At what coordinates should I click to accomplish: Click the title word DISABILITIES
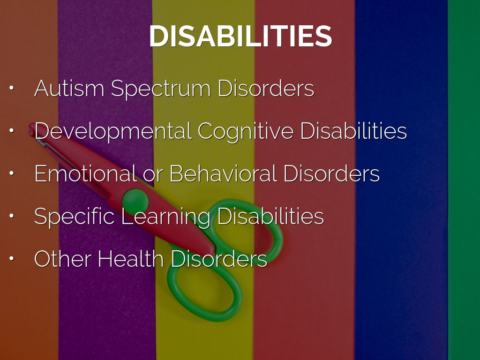click(x=240, y=36)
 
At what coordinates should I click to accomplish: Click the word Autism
click(x=69, y=88)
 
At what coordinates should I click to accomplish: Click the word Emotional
click(x=85, y=173)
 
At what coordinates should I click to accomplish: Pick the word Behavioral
click(x=223, y=173)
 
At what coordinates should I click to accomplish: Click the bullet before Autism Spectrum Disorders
click(x=12, y=88)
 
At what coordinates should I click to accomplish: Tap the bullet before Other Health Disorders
click(x=12, y=258)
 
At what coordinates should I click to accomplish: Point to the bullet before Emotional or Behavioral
click(x=12, y=173)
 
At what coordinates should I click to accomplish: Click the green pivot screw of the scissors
click(x=135, y=202)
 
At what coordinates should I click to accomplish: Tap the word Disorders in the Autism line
click(x=266, y=88)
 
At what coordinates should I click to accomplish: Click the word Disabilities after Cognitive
click(x=353, y=131)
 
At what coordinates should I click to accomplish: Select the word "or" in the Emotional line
click(x=153, y=176)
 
